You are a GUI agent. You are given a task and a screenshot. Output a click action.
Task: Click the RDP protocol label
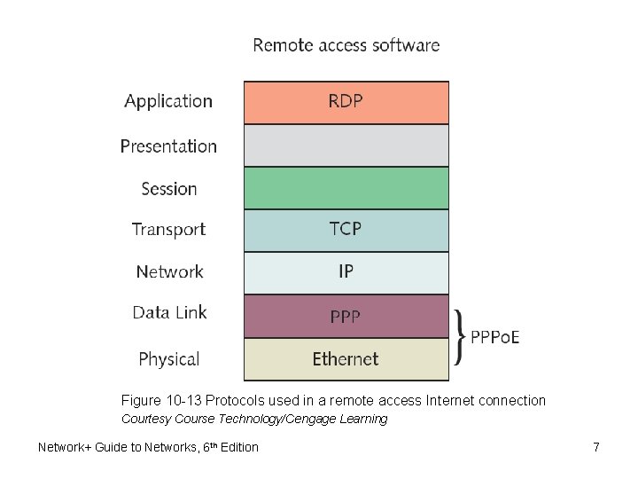coord(346,101)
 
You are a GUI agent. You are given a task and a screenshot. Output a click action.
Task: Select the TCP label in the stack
coord(346,229)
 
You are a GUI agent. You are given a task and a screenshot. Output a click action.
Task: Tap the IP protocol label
coord(346,271)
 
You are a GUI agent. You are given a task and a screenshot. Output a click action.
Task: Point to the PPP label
coord(346,316)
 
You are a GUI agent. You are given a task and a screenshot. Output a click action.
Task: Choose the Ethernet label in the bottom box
coord(346,359)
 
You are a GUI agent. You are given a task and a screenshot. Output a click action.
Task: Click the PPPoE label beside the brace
coord(495,337)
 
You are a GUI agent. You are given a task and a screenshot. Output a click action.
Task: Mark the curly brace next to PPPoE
coord(458,337)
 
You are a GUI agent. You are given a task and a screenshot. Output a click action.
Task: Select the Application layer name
coord(168,101)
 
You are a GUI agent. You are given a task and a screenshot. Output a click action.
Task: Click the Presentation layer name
coord(168,145)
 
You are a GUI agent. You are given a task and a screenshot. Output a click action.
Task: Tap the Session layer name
coord(169,188)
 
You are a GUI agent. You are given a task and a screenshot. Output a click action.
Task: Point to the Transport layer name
coord(168,229)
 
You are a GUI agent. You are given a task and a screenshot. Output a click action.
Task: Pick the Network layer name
coord(169,271)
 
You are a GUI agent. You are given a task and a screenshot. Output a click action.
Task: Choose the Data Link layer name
coord(169,312)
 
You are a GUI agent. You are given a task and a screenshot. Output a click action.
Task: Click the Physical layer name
coord(168,359)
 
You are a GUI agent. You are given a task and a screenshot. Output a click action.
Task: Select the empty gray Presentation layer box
coord(346,145)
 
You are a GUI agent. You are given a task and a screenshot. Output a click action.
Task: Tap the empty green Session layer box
coord(346,188)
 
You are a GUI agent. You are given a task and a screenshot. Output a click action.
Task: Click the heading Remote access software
coord(346,44)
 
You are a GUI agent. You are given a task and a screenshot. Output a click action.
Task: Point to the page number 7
coord(596,447)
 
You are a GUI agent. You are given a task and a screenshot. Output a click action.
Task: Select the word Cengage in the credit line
coord(309,419)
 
